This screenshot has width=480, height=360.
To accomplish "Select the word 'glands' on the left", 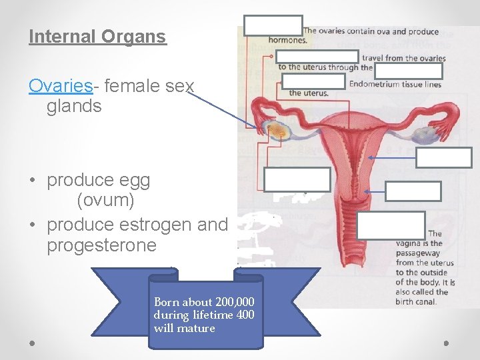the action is click(x=74, y=105).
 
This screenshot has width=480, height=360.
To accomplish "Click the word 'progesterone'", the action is click(x=101, y=245).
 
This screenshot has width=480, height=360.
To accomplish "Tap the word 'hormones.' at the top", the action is click(x=287, y=40).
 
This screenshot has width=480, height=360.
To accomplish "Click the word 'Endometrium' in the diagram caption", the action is click(x=377, y=83).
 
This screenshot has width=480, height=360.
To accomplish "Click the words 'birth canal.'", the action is click(x=416, y=301).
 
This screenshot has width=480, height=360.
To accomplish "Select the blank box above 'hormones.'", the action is click(x=273, y=25).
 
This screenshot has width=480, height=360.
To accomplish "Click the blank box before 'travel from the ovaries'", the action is click(x=317, y=57).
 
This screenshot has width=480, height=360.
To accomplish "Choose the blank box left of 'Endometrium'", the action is click(x=313, y=81).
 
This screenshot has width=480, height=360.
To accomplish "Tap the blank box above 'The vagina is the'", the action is click(x=390, y=225).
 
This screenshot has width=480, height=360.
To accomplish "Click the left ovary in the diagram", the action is click(x=275, y=131).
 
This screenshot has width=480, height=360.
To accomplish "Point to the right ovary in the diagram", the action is click(x=421, y=135).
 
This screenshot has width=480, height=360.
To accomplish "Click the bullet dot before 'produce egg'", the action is click(x=32, y=181).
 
